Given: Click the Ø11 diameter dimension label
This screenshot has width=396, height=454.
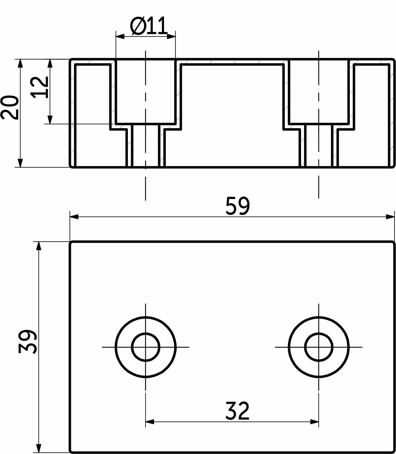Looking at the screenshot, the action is [148, 26].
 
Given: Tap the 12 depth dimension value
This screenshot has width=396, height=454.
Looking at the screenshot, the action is [40, 87].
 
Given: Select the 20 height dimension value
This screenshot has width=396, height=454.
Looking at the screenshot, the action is [9, 108].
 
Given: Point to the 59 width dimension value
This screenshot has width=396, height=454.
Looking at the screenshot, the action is [237, 206].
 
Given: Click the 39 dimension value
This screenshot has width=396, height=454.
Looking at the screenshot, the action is [27, 342].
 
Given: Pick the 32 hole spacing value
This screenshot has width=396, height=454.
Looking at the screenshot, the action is [237, 411].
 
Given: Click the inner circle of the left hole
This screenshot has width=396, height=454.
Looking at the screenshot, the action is [146, 347].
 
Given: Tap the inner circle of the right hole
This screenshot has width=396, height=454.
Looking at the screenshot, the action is [319, 347].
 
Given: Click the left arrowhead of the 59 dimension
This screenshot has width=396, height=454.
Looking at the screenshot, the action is [74, 217].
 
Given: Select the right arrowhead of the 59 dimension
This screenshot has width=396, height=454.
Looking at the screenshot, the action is [390, 217].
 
